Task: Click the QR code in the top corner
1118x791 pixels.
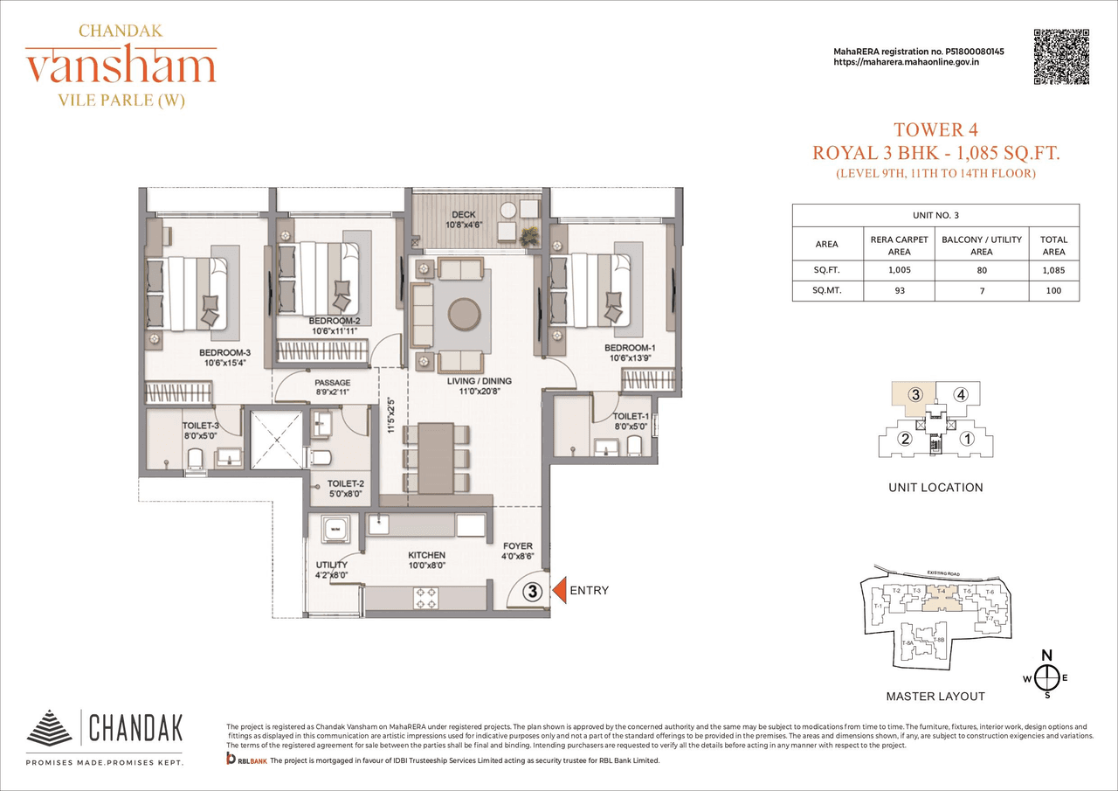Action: (x=1061, y=57)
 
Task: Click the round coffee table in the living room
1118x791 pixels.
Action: (x=463, y=313)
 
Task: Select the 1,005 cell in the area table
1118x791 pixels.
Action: (x=899, y=270)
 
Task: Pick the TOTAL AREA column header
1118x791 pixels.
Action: (x=1052, y=245)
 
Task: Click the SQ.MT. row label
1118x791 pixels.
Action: (x=826, y=290)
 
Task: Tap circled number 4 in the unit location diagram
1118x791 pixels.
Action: (x=961, y=394)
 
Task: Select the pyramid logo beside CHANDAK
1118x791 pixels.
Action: (x=50, y=727)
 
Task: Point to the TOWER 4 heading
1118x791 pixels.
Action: (x=935, y=131)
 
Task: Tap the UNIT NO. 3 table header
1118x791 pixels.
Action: (x=935, y=214)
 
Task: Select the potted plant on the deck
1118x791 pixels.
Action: (x=528, y=236)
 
